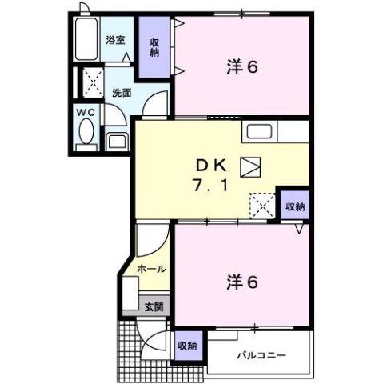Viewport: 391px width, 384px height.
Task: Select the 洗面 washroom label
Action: pyautogui.click(x=121, y=91)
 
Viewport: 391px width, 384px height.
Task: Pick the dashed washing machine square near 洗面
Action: pyautogui.click(x=91, y=82)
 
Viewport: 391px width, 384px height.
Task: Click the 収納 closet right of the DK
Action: pyautogui.click(x=296, y=205)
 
